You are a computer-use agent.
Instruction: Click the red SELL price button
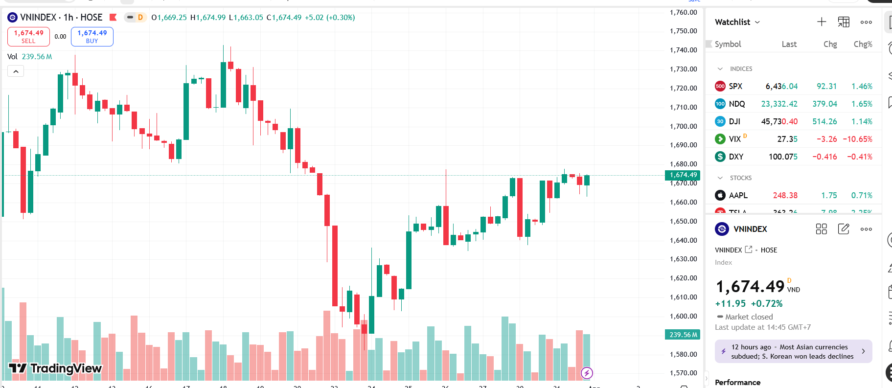(28, 37)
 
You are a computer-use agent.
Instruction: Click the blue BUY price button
(92, 37)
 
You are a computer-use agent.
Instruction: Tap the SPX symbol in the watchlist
(735, 86)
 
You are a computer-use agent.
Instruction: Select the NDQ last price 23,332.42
(779, 104)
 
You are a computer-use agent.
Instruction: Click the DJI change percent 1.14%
(862, 121)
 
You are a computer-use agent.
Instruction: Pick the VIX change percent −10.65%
(857, 139)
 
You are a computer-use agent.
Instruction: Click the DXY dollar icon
(720, 157)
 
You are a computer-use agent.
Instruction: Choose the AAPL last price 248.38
(785, 195)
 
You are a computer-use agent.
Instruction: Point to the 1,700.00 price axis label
(683, 126)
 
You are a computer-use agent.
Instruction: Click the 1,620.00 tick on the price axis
(683, 278)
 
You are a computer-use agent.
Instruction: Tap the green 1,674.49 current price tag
(683, 175)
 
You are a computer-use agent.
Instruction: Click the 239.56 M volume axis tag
(683, 335)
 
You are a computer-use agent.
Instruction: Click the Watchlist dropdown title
(737, 22)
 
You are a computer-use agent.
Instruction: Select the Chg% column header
(863, 44)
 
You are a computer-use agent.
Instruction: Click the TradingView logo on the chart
(55, 368)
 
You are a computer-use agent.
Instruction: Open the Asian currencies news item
(793, 351)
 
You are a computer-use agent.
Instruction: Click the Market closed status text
(749, 317)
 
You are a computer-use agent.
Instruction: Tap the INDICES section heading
(741, 69)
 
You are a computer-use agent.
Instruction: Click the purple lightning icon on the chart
(587, 373)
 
